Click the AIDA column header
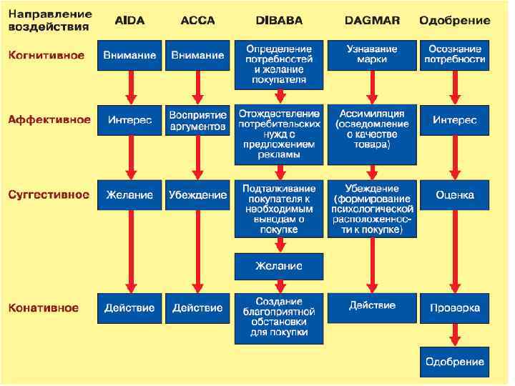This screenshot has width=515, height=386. tap(130, 20)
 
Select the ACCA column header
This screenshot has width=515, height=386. tap(198, 20)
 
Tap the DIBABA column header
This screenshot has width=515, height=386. tap(279, 20)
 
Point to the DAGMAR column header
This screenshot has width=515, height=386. tap(371, 20)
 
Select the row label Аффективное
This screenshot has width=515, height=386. tap(49, 120)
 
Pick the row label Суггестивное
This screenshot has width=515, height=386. tap(49, 194)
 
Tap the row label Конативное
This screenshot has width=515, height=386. tap(44, 308)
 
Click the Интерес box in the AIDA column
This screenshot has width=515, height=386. tap(129, 121)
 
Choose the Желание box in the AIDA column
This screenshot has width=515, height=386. tap(129, 194)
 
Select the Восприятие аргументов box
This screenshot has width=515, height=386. tap(198, 121)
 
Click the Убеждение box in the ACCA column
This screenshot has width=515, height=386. tap(198, 194)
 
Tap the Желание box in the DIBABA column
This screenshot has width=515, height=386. tap(279, 266)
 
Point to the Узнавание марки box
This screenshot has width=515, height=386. tap(371, 55)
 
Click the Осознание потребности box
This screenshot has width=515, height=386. tap(454, 55)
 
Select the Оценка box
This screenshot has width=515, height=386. tap(454, 194)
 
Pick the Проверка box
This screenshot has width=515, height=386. tap(454, 308)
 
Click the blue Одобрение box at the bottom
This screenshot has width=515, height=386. tap(454, 362)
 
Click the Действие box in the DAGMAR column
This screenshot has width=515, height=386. tap(371, 306)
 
